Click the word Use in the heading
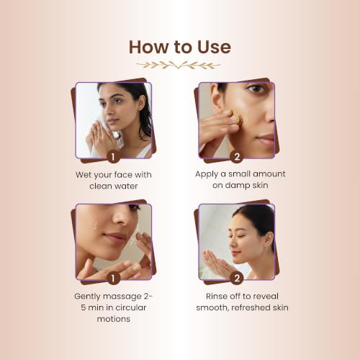(x=214, y=47)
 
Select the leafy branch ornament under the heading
(x=179, y=65)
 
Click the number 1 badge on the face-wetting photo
(x=113, y=157)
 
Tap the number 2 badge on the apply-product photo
(x=237, y=157)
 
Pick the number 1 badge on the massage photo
(x=113, y=278)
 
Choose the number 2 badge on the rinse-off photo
(x=237, y=278)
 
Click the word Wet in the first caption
(x=84, y=175)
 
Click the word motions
(x=114, y=319)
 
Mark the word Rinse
(x=217, y=296)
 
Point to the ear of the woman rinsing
(x=270, y=240)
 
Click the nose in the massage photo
(x=121, y=217)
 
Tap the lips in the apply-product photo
(x=266, y=139)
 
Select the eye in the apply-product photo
(x=256, y=89)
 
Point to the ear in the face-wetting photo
(x=142, y=103)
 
